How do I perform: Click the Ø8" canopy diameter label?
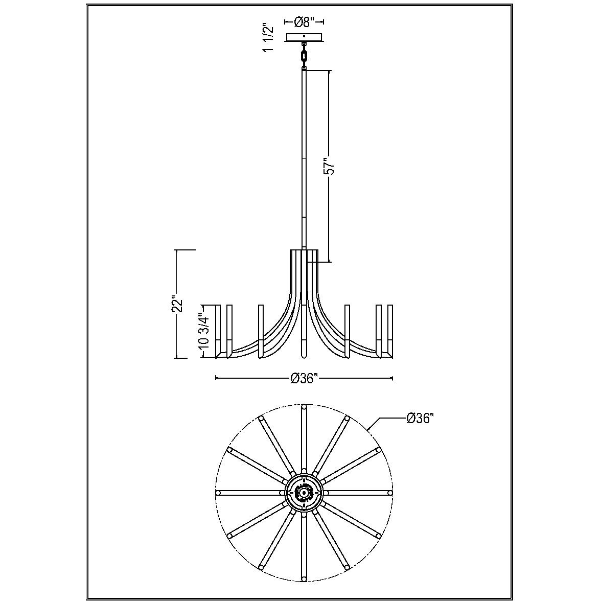(305, 22)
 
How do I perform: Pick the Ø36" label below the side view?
(305, 379)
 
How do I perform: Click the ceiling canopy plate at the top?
(305, 37)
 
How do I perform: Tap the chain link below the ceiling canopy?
(305, 56)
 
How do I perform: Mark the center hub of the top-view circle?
(304, 493)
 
